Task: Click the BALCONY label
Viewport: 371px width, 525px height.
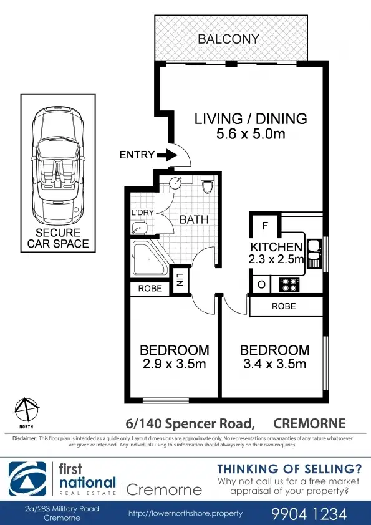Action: point(228,39)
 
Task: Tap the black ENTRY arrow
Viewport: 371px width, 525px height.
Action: point(167,155)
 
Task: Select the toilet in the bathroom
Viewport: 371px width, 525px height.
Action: point(208,185)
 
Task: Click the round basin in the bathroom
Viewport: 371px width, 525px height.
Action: point(175,183)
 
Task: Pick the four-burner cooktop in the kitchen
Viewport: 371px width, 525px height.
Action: point(290,285)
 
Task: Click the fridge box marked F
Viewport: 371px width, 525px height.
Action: point(265,226)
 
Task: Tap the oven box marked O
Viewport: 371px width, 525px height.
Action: point(261,285)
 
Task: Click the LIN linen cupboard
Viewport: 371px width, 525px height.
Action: point(180,279)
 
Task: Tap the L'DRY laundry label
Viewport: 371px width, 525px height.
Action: point(142,212)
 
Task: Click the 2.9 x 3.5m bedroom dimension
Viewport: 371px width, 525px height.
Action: point(174,364)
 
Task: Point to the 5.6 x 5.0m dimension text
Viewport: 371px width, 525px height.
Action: point(251,134)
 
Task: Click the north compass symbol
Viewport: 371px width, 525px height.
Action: point(26,410)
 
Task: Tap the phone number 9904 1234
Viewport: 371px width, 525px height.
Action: point(309,513)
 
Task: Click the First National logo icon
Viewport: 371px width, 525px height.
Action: point(27,479)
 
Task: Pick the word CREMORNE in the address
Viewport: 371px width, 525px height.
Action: point(309,423)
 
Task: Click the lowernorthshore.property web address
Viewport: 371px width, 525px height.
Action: point(186,513)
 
